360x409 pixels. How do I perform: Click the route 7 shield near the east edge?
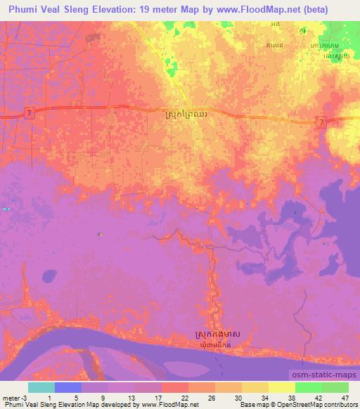[321, 122]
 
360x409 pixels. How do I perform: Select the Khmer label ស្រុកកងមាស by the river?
[217, 336]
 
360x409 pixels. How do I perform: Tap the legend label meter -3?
[14, 398]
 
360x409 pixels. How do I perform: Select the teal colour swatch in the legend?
[41, 387]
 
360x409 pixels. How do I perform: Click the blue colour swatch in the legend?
[68, 387]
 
